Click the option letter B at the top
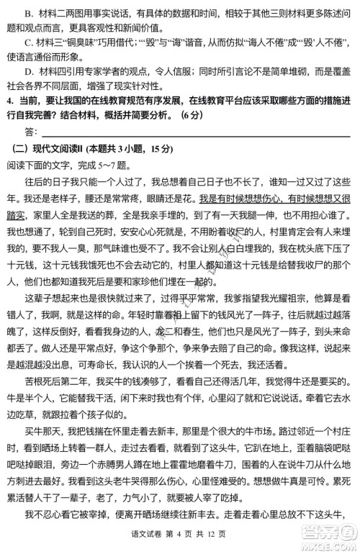27,12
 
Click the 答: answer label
30,142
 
